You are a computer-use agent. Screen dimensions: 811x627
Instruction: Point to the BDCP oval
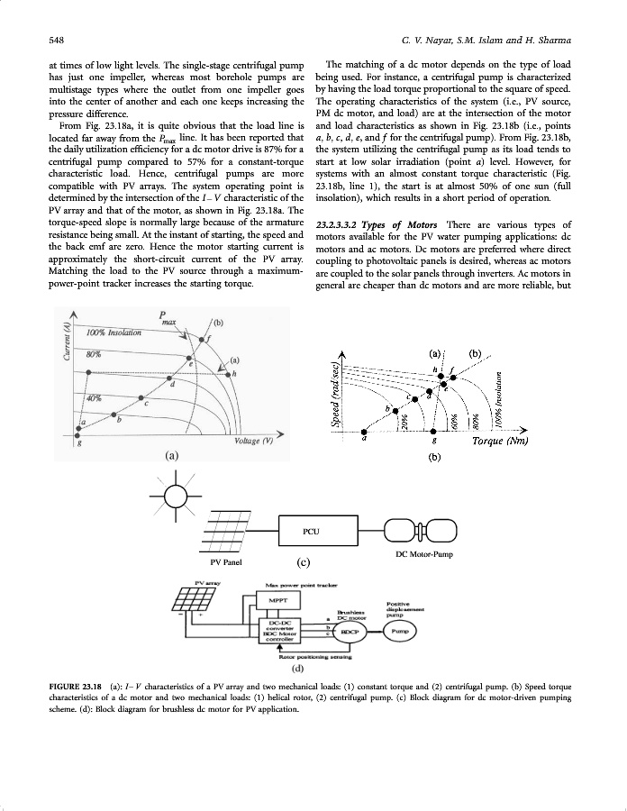[x=349, y=632]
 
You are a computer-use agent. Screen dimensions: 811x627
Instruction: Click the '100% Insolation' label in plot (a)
[x=114, y=333]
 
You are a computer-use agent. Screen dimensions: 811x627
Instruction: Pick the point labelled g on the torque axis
[x=435, y=432]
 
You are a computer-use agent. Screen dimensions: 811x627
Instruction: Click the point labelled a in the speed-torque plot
[x=363, y=432]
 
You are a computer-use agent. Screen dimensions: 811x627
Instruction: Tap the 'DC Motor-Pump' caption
[x=423, y=555]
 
